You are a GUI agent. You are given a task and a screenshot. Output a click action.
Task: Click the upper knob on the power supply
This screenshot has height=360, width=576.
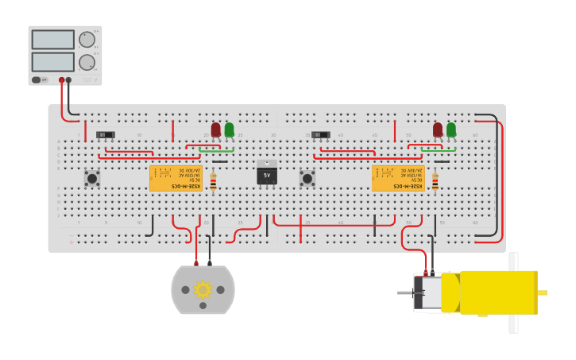[86, 40]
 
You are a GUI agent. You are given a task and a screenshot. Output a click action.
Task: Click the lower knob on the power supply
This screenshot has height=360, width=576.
[86, 62]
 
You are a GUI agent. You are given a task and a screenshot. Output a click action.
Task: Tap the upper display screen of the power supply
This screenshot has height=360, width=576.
[53, 40]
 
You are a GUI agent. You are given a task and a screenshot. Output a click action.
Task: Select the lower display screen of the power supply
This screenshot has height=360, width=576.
[53, 62]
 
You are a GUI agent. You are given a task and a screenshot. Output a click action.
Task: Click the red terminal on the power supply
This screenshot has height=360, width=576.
[61, 79]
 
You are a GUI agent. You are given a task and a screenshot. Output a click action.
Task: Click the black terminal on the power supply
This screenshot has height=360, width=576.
[69, 79]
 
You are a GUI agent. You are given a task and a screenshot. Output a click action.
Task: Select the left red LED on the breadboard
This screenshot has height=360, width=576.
[215, 129]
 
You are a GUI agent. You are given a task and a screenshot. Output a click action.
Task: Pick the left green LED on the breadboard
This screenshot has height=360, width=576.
[229, 129]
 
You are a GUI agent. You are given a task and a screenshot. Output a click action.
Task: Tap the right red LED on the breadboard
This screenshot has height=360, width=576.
[438, 129]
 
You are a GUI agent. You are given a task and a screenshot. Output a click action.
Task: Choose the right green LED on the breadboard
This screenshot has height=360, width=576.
[451, 129]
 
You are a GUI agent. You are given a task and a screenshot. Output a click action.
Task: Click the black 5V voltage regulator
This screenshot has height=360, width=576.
[267, 173]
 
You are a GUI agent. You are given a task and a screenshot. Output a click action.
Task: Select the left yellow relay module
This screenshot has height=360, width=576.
[176, 178]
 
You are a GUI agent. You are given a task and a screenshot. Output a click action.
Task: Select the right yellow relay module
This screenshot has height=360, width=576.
[398, 178]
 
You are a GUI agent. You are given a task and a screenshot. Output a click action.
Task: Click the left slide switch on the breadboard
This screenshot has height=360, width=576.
[105, 135]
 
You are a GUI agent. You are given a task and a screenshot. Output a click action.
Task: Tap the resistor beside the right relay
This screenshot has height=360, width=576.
[435, 182]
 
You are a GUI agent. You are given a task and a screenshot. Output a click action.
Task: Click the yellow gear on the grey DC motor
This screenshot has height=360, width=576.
[203, 289]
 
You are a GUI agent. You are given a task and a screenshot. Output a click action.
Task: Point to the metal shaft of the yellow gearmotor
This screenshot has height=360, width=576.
[404, 293]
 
